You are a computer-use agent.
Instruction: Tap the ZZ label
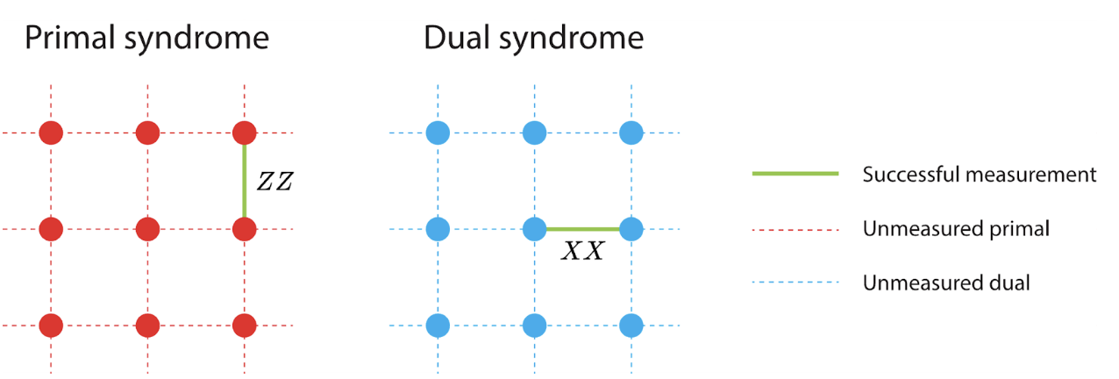[x=274, y=182]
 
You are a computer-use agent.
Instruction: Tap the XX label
[x=581, y=252]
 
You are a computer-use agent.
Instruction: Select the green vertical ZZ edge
[x=245, y=182]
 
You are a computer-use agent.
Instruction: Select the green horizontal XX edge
[x=583, y=230]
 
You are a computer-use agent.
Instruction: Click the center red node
[x=147, y=230]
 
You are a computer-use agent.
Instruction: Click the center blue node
[x=535, y=230]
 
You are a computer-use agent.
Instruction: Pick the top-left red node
[x=51, y=133]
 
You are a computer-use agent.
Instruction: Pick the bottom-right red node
[x=245, y=325]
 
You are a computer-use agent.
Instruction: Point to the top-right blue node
[x=631, y=133]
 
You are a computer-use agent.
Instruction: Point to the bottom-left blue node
[x=438, y=325]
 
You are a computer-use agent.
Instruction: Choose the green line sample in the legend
[x=795, y=175]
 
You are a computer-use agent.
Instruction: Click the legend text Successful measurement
[x=979, y=175]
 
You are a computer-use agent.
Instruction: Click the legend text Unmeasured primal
[x=956, y=230]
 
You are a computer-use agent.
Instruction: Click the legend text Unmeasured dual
[x=945, y=283]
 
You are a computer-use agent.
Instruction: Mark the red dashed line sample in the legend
[x=795, y=230]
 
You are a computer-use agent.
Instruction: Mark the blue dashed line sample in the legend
[x=795, y=283]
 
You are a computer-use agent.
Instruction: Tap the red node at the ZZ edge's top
[x=245, y=133]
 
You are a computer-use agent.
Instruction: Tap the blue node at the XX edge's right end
[x=631, y=230]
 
